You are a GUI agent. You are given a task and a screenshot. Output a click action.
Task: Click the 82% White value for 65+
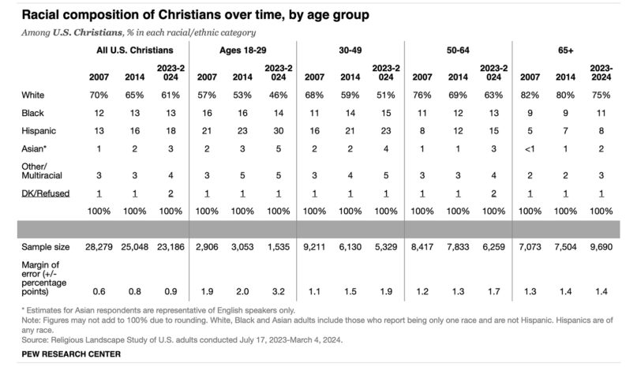coord(531,95)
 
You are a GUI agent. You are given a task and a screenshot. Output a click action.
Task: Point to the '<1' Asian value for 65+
coord(531,147)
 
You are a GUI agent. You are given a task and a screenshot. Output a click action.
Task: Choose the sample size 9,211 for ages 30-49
coord(315,247)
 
